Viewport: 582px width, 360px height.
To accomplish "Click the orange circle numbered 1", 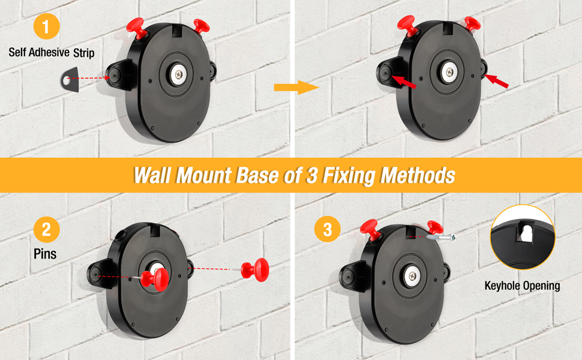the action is point(46,26).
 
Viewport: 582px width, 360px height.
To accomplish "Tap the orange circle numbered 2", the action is point(46,229).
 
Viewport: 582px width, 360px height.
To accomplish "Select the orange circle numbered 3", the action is point(328,229).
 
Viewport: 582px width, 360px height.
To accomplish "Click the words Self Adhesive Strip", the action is point(52,52).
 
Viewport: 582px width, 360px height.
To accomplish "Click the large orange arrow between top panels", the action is point(296,88).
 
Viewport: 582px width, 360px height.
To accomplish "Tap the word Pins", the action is point(45,254).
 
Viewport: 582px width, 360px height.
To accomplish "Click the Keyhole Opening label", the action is point(522,286).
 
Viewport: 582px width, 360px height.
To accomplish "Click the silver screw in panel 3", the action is point(441,237).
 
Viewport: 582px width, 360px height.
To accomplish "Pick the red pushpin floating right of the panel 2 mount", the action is point(254,270).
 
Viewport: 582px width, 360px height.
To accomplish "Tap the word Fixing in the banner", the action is point(347,175).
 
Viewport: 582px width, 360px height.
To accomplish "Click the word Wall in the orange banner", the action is point(152,175).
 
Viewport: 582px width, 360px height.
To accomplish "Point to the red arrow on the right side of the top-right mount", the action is point(497,81).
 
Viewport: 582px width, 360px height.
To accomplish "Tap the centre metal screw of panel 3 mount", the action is point(412,276).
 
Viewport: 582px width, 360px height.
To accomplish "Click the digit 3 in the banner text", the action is point(312,175).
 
